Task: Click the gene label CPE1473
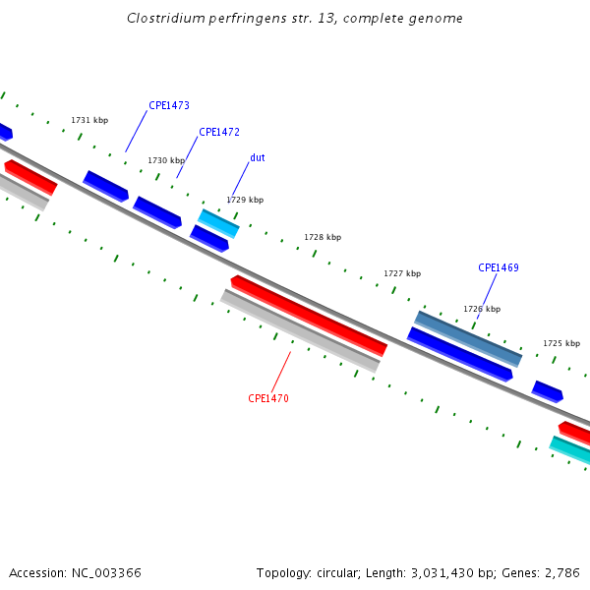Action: coord(169,105)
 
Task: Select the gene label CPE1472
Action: coord(219,132)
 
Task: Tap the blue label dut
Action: coord(257,157)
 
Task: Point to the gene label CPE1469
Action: coord(499,267)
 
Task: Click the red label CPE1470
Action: coord(268,398)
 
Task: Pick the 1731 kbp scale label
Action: coord(89,120)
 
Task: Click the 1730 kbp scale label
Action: coord(166,160)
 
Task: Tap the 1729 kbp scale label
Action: coord(245,200)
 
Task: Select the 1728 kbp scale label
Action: coord(323,237)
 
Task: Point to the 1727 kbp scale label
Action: coord(402,273)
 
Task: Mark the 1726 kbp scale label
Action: coord(482,309)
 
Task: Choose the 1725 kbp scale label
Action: coord(561,343)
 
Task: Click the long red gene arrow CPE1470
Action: coord(309,316)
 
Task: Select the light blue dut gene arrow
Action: coord(218,223)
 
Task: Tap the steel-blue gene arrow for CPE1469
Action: coord(468,337)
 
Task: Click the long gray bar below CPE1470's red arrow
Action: coord(300,331)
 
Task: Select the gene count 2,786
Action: coord(561,572)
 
